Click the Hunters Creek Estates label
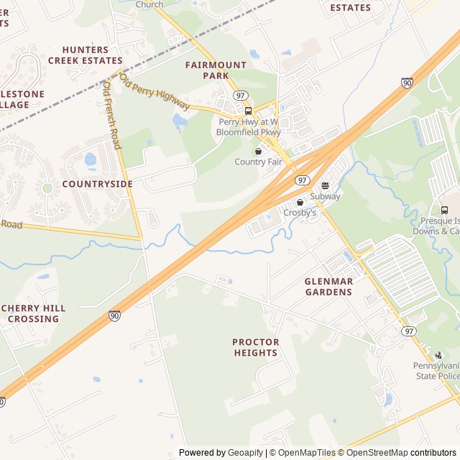[85, 55]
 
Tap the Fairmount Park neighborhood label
[216, 70]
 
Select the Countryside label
[97, 184]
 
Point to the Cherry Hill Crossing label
[33, 313]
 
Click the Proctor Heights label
[255, 347]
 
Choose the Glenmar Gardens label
[328, 287]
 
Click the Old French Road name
[111, 115]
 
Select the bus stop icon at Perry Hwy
[248, 111]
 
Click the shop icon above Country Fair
[258, 151]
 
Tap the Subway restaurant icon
[325, 185]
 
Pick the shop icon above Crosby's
[300, 202]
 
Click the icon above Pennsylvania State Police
[438, 355]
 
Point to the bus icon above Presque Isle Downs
[443, 211]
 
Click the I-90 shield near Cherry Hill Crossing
[115, 316]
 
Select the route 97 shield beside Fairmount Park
[241, 95]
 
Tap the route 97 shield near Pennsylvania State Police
[409, 331]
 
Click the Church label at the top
[149, 4]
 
